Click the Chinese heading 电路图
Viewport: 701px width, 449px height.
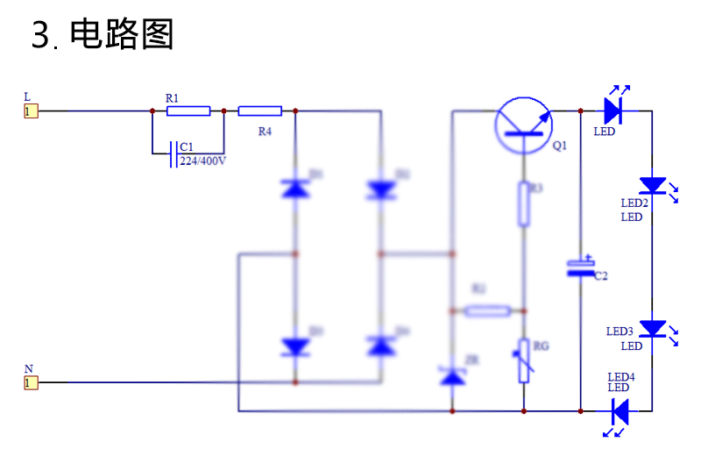click(x=122, y=35)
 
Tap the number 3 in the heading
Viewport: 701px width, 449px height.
click(x=41, y=36)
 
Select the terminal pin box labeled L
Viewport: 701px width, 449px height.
click(x=30, y=111)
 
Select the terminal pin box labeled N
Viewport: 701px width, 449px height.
click(x=30, y=382)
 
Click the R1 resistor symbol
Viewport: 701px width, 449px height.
click(x=188, y=111)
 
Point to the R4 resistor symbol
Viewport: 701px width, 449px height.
click(x=259, y=111)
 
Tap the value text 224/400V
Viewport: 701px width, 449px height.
click(x=203, y=161)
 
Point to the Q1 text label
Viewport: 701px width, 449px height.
click(x=559, y=146)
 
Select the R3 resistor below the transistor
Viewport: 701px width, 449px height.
click(x=523, y=204)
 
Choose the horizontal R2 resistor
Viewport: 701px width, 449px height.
click(x=487, y=310)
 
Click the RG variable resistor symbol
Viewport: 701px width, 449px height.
click(x=523, y=360)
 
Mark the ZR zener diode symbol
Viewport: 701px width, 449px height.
click(x=452, y=376)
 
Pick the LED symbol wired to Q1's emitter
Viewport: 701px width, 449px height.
click(x=612, y=111)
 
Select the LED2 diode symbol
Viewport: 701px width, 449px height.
click(x=653, y=185)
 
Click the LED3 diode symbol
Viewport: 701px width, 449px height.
click(x=653, y=328)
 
